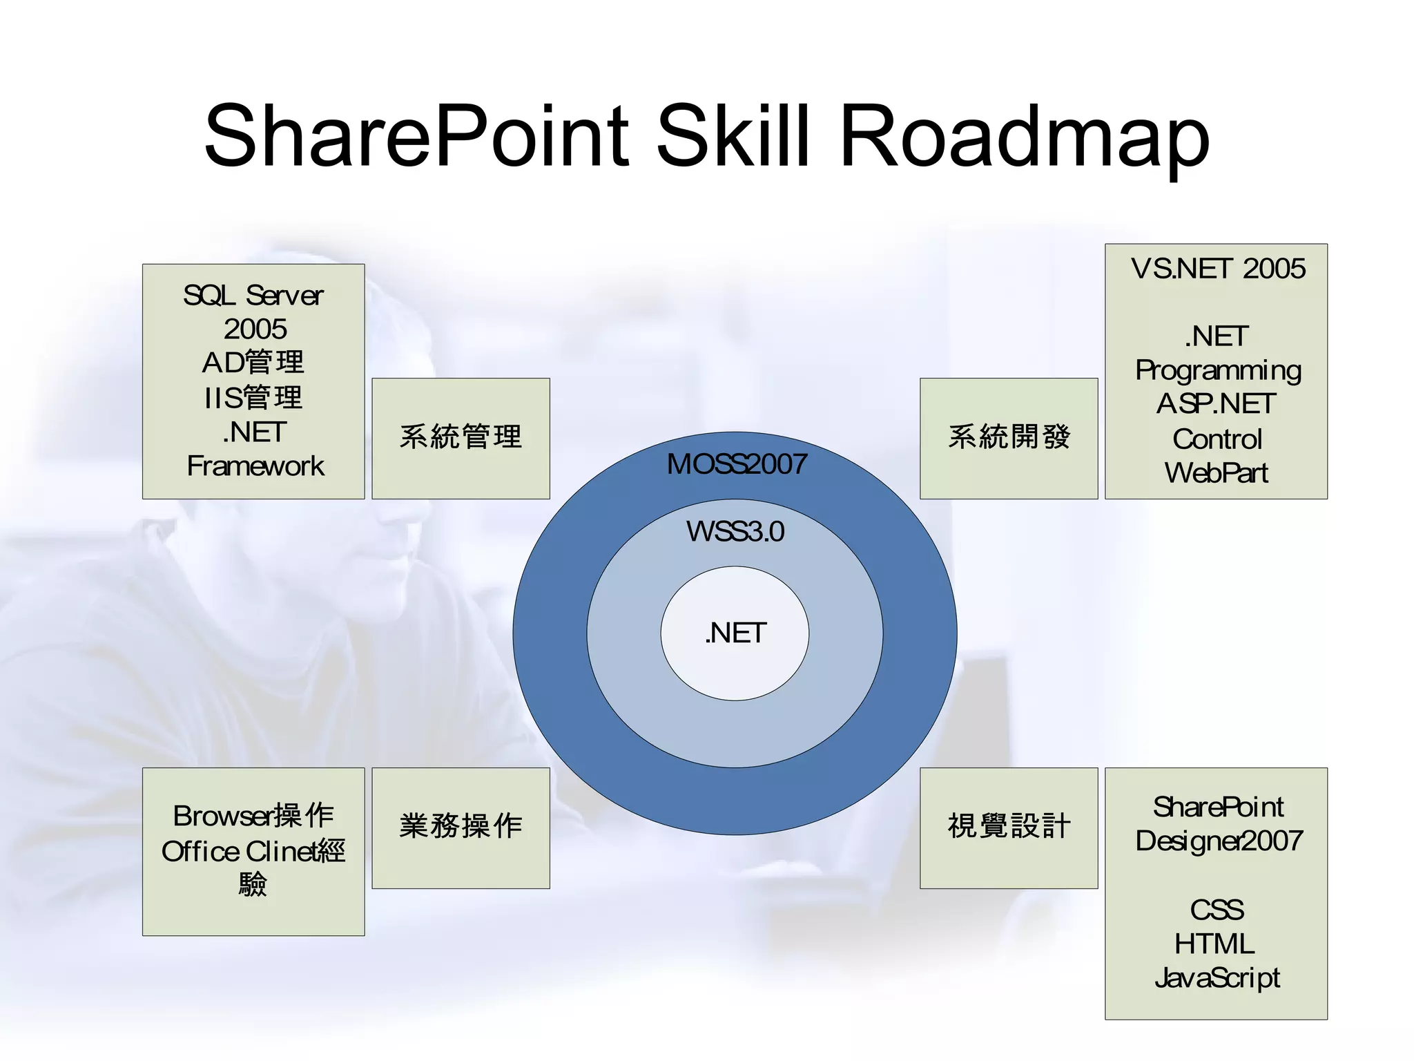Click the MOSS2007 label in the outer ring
[736, 464]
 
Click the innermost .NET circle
[735, 633]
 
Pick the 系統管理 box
[461, 437]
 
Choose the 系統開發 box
[1009, 437]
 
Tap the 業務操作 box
[461, 826]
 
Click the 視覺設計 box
[1009, 826]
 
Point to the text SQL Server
[253, 296]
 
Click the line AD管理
[253, 363]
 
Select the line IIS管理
[253, 398]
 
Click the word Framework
[255, 466]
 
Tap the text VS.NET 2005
[1217, 269]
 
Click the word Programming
[1218, 372]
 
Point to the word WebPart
[1216, 473]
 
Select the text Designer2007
[1219, 841]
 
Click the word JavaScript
[1217, 978]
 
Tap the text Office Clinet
[235, 852]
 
